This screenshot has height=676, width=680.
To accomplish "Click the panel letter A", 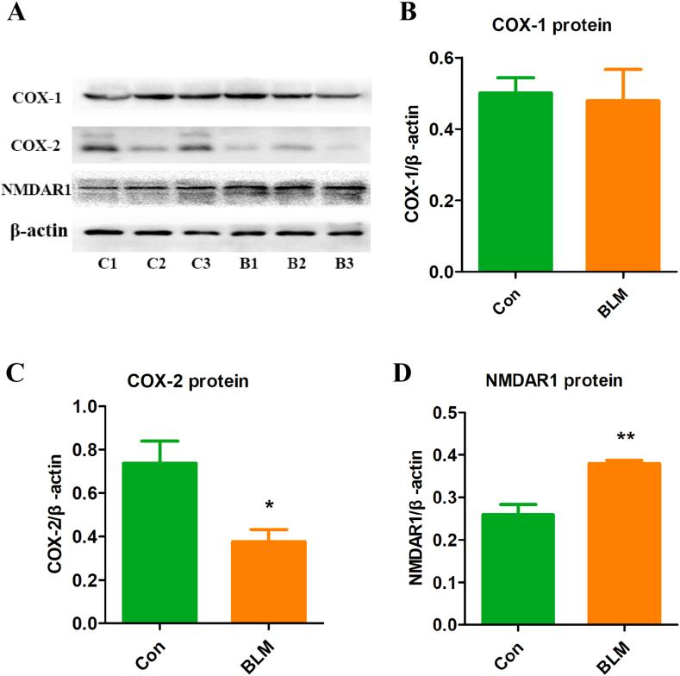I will (x=15, y=15).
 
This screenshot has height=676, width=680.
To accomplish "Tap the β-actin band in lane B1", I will (x=246, y=231).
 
